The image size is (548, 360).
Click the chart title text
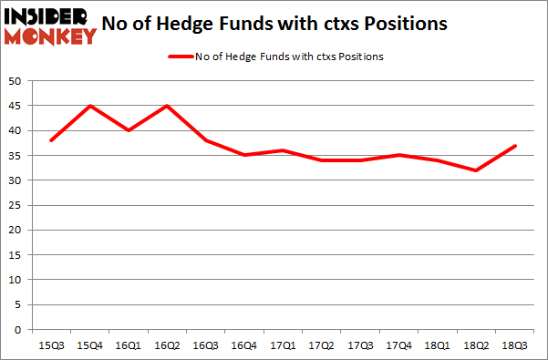point(299,25)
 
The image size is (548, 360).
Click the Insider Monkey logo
point(50,25)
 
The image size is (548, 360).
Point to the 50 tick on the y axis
point(16,81)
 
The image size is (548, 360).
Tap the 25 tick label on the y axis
point(16,205)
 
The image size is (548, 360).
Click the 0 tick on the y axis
point(18,329)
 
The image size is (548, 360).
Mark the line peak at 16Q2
point(168,106)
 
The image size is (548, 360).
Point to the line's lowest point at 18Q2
point(476,170)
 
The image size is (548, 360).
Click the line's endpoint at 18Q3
point(514,146)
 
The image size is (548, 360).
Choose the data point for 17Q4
point(399,155)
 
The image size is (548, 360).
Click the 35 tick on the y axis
point(16,155)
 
